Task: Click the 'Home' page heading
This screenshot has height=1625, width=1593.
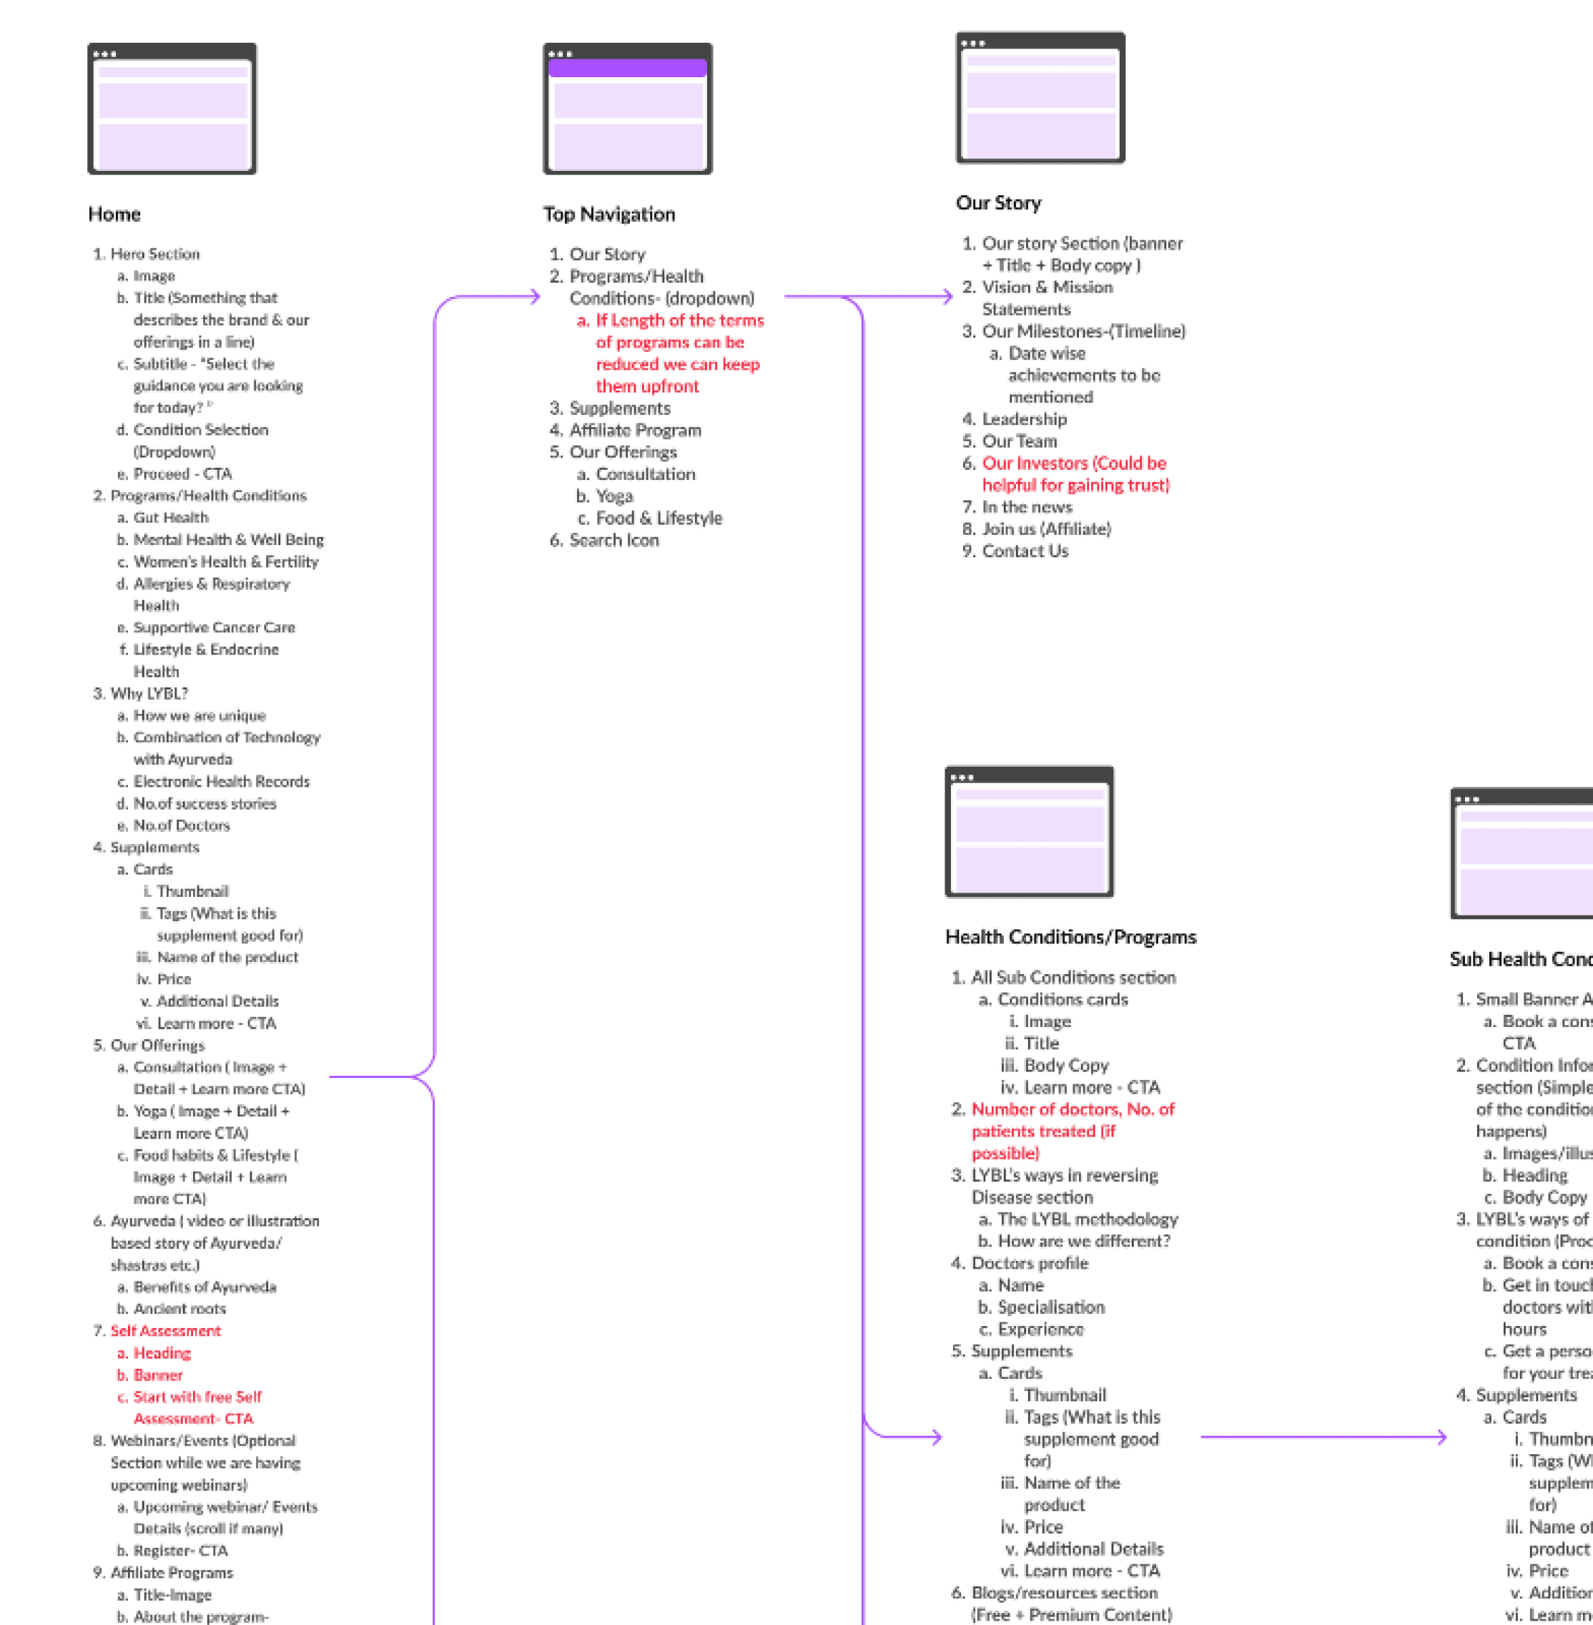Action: (114, 215)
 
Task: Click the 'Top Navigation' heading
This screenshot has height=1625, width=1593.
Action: (608, 215)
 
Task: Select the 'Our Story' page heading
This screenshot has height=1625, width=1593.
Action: (998, 202)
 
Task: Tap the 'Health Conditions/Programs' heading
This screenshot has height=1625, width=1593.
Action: (1070, 936)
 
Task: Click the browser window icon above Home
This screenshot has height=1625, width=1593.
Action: (172, 109)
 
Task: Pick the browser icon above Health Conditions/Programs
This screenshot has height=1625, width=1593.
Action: (1028, 831)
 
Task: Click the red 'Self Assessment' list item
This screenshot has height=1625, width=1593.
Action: (166, 1330)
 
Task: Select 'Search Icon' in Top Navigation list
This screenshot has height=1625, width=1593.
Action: (613, 540)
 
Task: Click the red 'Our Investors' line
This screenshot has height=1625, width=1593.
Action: (1074, 463)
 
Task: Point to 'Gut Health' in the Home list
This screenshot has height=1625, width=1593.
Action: (171, 517)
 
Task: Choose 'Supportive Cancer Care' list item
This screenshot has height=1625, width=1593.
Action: (214, 627)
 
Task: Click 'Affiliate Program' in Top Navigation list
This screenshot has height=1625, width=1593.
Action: (635, 430)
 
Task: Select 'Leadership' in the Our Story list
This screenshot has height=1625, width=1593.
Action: (1024, 418)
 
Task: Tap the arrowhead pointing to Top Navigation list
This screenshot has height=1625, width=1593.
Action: (535, 296)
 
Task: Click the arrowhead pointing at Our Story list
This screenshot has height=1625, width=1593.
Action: (947, 296)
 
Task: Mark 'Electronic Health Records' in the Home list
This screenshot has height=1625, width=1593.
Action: (221, 781)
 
